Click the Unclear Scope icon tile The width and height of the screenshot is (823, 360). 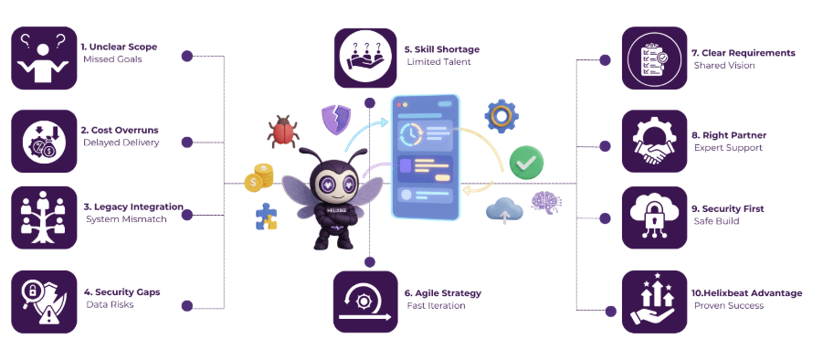point(43,58)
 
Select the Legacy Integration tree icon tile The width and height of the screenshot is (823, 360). point(43,217)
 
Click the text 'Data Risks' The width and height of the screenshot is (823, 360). point(106,304)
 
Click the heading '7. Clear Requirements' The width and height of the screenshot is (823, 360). point(743,53)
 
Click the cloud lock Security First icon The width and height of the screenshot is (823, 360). point(654,217)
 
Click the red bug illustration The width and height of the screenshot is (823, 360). point(282,131)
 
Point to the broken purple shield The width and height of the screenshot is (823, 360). point(335,118)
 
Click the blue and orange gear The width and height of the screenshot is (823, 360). point(501,116)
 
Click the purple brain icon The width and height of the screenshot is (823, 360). point(546,204)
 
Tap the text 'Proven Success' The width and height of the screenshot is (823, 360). point(727,306)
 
